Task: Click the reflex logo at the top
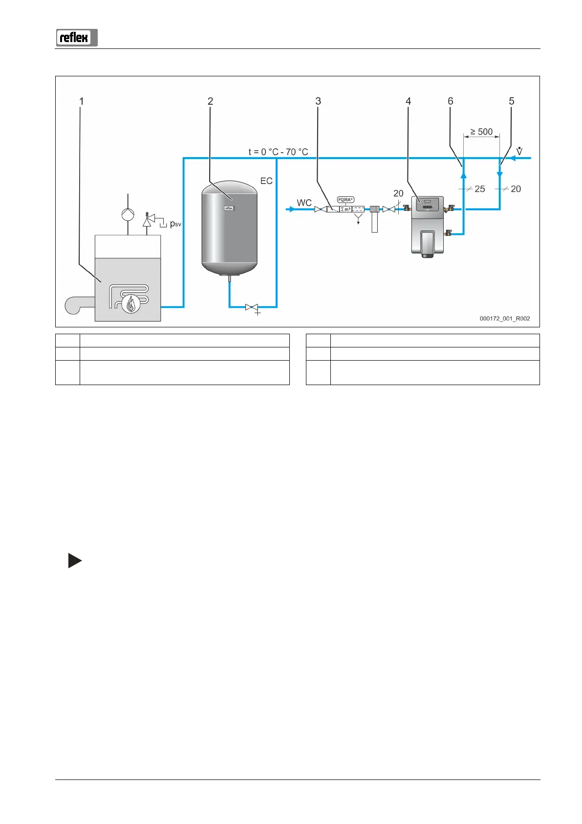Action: [77, 38]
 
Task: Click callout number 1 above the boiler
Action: [82, 101]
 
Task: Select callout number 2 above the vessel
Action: [210, 101]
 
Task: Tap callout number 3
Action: [318, 101]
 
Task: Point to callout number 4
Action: [408, 101]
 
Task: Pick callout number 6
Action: [451, 101]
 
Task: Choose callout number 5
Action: [512, 101]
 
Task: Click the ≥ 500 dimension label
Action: [481, 132]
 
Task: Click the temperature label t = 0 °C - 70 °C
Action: [278, 152]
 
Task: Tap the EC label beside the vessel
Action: [266, 181]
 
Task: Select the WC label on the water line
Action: [304, 203]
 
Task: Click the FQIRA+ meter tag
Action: [345, 200]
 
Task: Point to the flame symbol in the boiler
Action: [130, 304]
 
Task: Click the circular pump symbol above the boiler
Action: [128, 214]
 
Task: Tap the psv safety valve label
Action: [175, 224]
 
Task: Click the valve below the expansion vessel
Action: [252, 307]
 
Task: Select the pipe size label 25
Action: [480, 189]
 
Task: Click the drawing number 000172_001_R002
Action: [505, 319]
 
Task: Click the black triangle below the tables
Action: [74, 561]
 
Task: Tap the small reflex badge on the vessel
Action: [229, 208]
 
